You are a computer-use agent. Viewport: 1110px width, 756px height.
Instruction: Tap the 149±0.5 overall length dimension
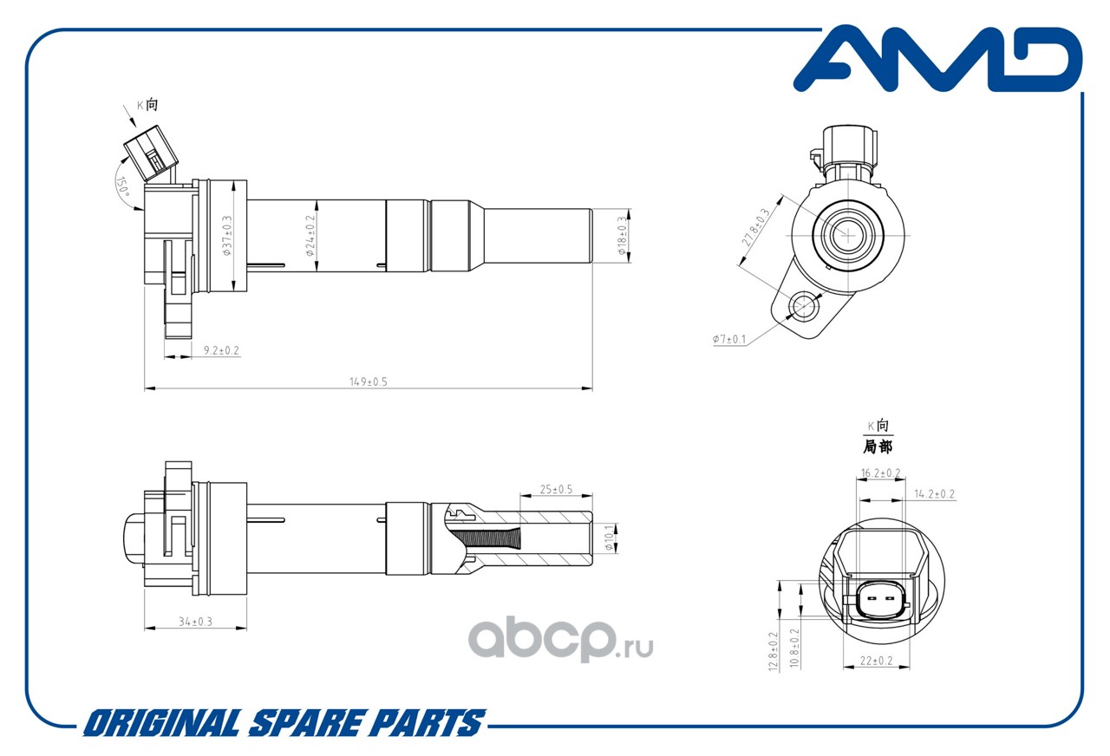(369, 381)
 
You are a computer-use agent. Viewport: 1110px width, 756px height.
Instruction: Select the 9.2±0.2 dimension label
(221, 350)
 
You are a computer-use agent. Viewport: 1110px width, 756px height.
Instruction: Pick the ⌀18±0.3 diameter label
(622, 236)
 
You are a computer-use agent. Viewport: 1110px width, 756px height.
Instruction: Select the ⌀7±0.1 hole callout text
(729, 339)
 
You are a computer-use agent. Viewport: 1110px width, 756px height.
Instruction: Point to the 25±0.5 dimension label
(557, 490)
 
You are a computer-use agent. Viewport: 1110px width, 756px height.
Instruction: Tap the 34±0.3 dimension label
(195, 622)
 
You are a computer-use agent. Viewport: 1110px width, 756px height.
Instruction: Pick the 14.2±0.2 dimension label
(935, 494)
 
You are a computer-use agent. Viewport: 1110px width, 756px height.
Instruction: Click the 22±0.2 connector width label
(876, 661)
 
